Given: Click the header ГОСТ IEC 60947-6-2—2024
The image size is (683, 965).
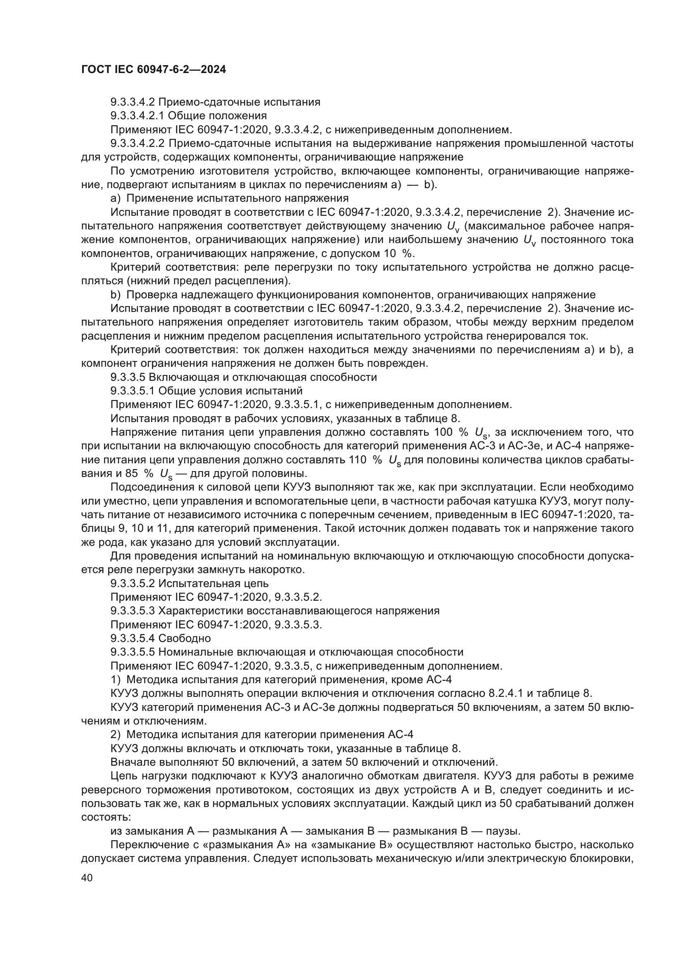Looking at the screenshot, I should pyautogui.click(x=154, y=69).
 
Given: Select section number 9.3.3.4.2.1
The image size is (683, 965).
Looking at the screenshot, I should pyautogui.click(x=138, y=116).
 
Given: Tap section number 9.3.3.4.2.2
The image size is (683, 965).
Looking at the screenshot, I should pyautogui.click(x=138, y=143).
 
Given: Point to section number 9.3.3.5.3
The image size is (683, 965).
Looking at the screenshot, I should pyautogui.click(x=133, y=611).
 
